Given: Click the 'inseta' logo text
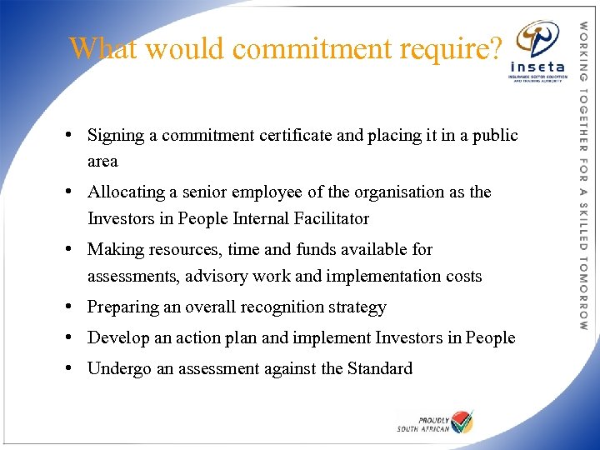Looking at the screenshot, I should click(x=537, y=67).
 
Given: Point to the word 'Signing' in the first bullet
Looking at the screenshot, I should click(x=116, y=135).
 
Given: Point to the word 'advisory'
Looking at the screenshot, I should click(x=217, y=276).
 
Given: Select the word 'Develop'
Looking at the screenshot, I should click(x=117, y=338).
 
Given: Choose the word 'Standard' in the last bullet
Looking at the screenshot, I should click(x=379, y=368).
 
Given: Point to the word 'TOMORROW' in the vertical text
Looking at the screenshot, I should click(x=583, y=292).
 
